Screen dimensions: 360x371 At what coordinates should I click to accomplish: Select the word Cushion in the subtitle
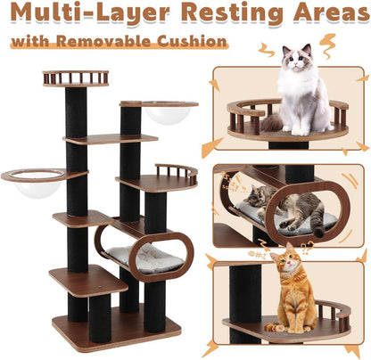(x=195, y=41)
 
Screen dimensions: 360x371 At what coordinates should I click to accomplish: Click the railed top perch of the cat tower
(x=75, y=78)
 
